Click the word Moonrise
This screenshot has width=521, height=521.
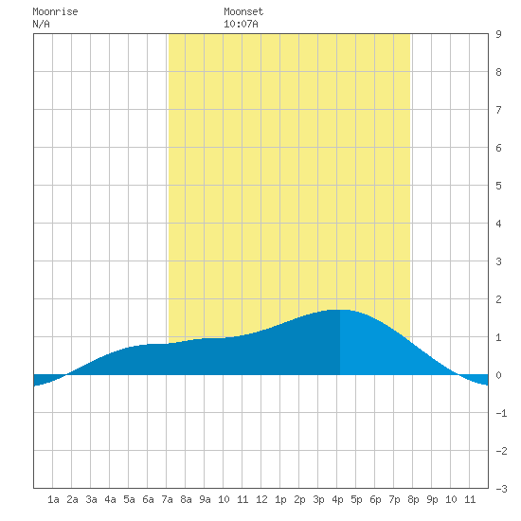click(x=55, y=11)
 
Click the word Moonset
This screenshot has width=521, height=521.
click(x=243, y=11)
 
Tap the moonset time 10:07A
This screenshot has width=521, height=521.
click(x=241, y=24)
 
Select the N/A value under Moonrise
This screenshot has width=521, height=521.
click(x=41, y=24)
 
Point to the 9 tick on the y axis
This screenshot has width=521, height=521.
click(x=498, y=34)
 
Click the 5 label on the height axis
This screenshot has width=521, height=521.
click(x=498, y=186)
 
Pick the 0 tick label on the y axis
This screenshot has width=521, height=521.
click(x=498, y=375)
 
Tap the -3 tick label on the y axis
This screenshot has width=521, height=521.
click(x=501, y=489)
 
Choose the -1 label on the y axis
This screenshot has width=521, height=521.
click(x=501, y=413)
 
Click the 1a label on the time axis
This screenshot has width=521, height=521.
click(x=53, y=499)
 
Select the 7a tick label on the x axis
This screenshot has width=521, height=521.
click(x=167, y=499)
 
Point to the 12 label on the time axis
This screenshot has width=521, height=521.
click(x=261, y=499)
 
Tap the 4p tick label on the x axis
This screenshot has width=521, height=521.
click(x=337, y=499)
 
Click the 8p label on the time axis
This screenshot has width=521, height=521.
click(x=413, y=499)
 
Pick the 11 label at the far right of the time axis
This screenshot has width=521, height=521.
click(x=470, y=499)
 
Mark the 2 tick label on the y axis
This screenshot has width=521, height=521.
click(x=498, y=299)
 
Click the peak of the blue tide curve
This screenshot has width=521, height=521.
click(x=341, y=310)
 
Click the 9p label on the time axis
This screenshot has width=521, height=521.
click(x=432, y=499)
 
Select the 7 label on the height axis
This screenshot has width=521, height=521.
click(x=498, y=110)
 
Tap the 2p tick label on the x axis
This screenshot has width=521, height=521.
click(x=299, y=499)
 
